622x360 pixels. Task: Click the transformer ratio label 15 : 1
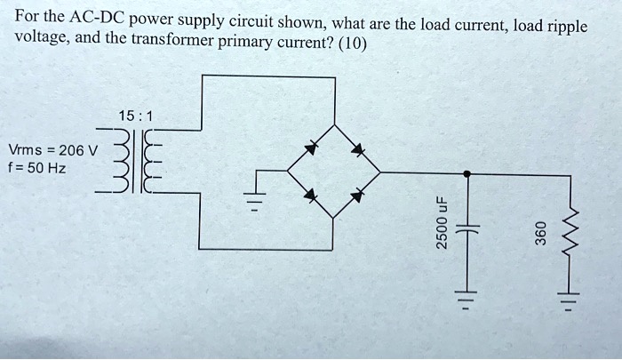pyautogui.click(x=134, y=116)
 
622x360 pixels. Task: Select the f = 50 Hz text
pyautogui.click(x=36, y=167)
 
